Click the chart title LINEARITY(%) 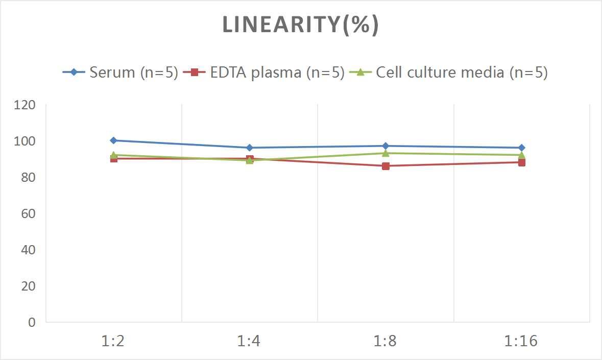(300, 25)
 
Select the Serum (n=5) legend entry (121, 73)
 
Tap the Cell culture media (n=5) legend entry (449, 73)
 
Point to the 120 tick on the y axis (25, 105)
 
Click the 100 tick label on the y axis (25, 141)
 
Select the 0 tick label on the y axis (32, 322)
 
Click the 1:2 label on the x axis (113, 341)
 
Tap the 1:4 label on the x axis (250, 341)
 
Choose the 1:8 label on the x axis (386, 341)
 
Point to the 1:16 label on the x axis (521, 341)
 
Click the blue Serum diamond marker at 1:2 (113, 140)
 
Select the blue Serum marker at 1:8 (386, 146)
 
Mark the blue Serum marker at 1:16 (521, 148)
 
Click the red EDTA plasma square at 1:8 (386, 166)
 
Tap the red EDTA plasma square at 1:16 (521, 162)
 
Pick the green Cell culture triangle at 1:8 (386, 153)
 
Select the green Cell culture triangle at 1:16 (521, 155)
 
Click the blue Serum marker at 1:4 (250, 148)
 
